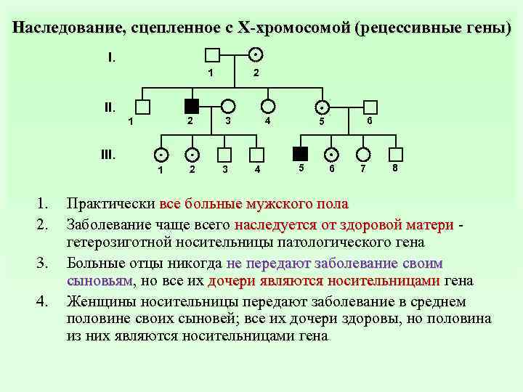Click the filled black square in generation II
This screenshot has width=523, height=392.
pos(191,106)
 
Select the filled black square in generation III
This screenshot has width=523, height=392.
pos(299,154)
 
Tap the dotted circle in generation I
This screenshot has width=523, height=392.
pos(255,55)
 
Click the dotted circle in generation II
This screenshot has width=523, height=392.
pos(320,107)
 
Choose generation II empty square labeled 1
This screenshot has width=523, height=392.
pos(142,107)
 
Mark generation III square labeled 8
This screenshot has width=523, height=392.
pos(396,154)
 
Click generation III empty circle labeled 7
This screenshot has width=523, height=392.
pos(363,154)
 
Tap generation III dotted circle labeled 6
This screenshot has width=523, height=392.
pos(331,155)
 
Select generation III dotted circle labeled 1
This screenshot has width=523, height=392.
pos(160,155)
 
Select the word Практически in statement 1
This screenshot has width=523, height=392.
pos(111,204)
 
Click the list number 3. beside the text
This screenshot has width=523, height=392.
pos(44,262)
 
